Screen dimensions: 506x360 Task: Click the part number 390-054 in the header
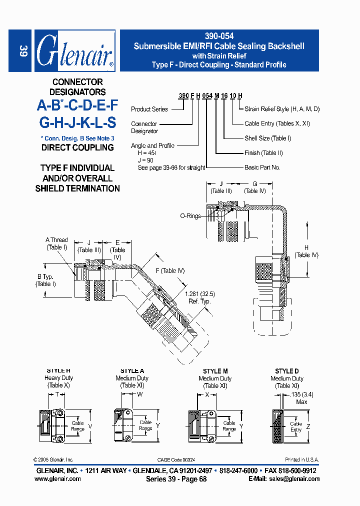(x=219, y=36)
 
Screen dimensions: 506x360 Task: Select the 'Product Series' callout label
(x=149, y=109)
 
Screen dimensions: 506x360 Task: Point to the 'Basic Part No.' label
(x=262, y=167)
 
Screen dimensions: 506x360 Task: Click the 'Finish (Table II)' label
(x=263, y=153)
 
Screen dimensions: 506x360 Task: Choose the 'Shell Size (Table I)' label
(x=267, y=138)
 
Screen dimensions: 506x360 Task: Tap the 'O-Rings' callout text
(x=190, y=216)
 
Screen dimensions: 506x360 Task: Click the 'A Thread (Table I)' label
(x=56, y=243)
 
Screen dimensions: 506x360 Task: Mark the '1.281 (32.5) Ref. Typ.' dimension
(x=198, y=297)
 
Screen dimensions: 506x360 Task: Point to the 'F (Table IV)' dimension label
(x=170, y=270)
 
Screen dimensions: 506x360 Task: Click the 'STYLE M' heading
(x=215, y=371)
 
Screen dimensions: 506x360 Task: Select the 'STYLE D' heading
(x=287, y=371)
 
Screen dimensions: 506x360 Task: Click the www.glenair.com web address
(x=57, y=479)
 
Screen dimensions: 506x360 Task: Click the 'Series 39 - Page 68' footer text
(x=176, y=479)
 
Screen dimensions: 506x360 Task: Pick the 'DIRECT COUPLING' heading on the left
(x=77, y=147)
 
